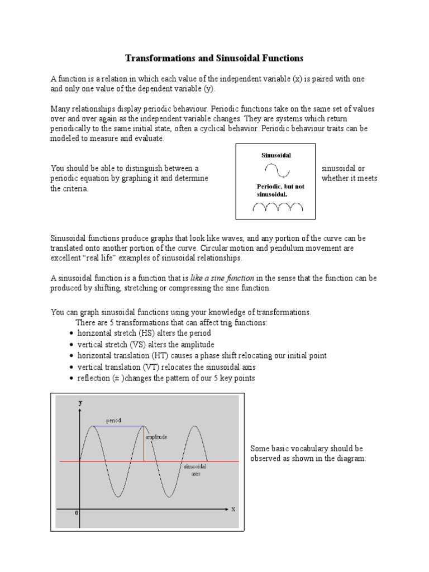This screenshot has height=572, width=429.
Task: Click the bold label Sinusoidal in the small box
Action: pyautogui.click(x=276, y=155)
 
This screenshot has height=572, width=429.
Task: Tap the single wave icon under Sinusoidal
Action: pyautogui.click(x=277, y=170)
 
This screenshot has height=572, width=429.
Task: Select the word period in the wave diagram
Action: pyautogui.click(x=113, y=420)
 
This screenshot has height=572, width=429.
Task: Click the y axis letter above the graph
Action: pyautogui.click(x=80, y=402)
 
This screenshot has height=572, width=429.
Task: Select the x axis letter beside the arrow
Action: pyautogui.click(x=233, y=509)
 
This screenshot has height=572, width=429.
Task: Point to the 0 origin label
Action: pyautogui.click(x=77, y=513)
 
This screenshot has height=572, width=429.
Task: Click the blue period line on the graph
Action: pyautogui.click(x=118, y=426)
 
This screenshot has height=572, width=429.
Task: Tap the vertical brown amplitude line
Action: pyautogui.click(x=144, y=444)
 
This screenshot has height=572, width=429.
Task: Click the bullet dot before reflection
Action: pyautogui.click(x=71, y=379)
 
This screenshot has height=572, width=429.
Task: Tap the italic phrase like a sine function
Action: pyautogui.click(x=222, y=278)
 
